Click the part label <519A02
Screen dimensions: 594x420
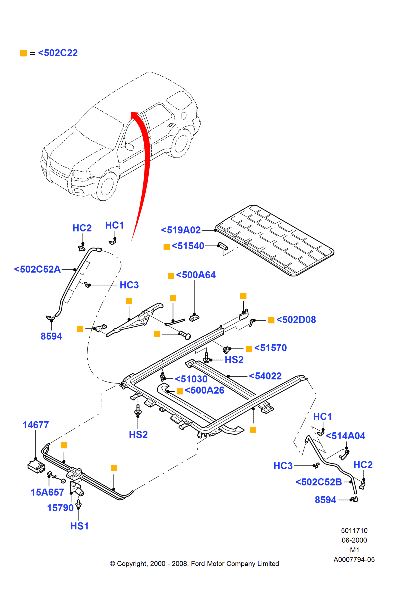pyautogui.click(x=181, y=230)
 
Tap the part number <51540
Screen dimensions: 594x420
pyautogui.click(x=188, y=246)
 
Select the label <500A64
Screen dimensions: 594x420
pyautogui.click(x=196, y=275)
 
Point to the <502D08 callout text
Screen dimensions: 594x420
pyautogui.click(x=296, y=320)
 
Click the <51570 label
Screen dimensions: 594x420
pyautogui.click(x=270, y=348)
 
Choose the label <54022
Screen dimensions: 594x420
pyautogui.click(x=265, y=376)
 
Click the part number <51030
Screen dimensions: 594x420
pyautogui.click(x=191, y=379)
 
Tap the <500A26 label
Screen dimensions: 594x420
pyautogui.click(x=204, y=390)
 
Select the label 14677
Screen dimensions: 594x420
pyautogui.click(x=36, y=425)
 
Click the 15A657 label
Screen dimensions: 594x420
pyautogui.click(x=47, y=492)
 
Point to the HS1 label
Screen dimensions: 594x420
pyautogui.click(x=79, y=526)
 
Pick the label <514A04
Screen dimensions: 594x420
pyautogui.click(x=345, y=436)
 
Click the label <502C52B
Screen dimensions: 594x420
pyautogui.click(x=319, y=482)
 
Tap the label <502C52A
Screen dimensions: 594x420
pyautogui.click(x=37, y=269)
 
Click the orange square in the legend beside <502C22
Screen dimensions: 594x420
pyautogui.click(x=23, y=53)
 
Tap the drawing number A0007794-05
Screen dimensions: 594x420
pyautogui.click(x=354, y=560)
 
